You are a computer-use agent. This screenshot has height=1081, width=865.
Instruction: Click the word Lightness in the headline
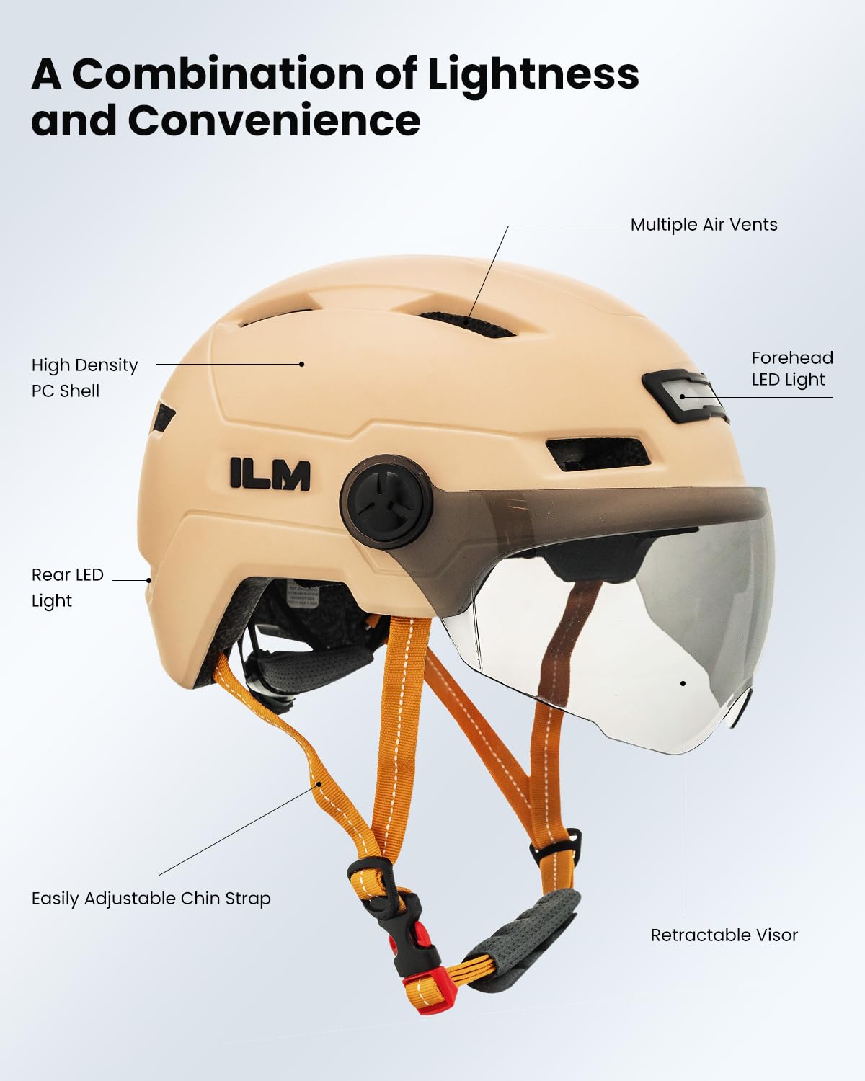pos(533,74)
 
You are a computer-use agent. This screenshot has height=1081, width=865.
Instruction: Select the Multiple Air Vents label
pos(704,225)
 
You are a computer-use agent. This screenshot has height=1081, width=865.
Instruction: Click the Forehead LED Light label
pos(791,369)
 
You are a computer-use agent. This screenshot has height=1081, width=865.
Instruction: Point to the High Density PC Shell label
pos(84,378)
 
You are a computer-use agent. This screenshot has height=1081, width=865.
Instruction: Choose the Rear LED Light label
pos(67,587)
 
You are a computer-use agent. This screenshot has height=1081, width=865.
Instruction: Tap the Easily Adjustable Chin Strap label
pos(151,899)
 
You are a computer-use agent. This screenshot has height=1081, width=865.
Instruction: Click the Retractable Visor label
pos(724,935)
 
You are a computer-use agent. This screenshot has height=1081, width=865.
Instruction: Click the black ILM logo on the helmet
pos(270,473)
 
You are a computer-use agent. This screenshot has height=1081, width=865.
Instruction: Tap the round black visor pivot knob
pos(386,499)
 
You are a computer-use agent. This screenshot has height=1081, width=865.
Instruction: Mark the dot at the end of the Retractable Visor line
pos(683,682)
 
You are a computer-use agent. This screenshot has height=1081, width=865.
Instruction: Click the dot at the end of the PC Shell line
pos(301,364)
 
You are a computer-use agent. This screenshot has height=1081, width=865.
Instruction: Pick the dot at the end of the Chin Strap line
pos(318,784)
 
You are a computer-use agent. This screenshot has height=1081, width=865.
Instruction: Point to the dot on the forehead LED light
pos(682,396)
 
